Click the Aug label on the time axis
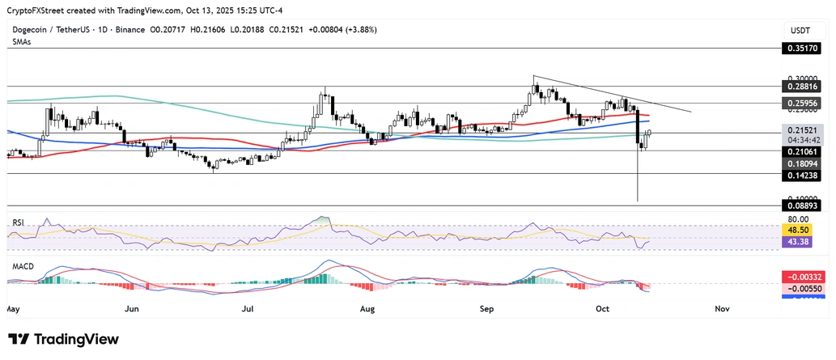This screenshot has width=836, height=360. pyautogui.click(x=367, y=309)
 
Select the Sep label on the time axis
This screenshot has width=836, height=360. pyautogui.click(x=487, y=309)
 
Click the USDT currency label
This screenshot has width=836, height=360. pyautogui.click(x=800, y=30)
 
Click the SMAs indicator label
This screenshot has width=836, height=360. pyautogui.click(x=21, y=42)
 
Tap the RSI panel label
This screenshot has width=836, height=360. pyautogui.click(x=16, y=221)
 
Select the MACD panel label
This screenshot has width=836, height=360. pyautogui.click(x=21, y=265)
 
